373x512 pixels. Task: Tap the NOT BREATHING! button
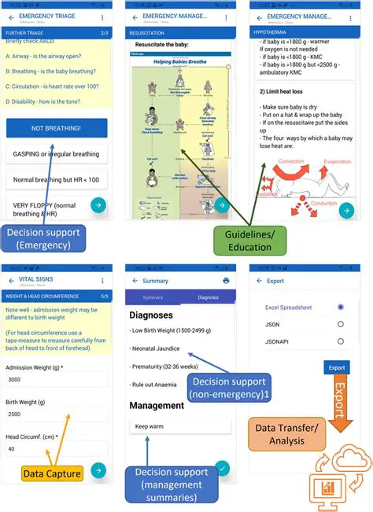56,127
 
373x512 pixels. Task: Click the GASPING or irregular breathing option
56,154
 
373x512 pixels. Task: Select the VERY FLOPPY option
49,208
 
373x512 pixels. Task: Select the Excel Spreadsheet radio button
341,307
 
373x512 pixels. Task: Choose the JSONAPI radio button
341,341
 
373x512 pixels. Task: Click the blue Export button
337,367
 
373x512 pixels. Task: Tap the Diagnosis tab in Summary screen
208,298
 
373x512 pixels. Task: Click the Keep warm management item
180,425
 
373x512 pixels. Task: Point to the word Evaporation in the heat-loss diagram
338,160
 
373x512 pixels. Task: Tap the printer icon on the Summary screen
226,280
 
